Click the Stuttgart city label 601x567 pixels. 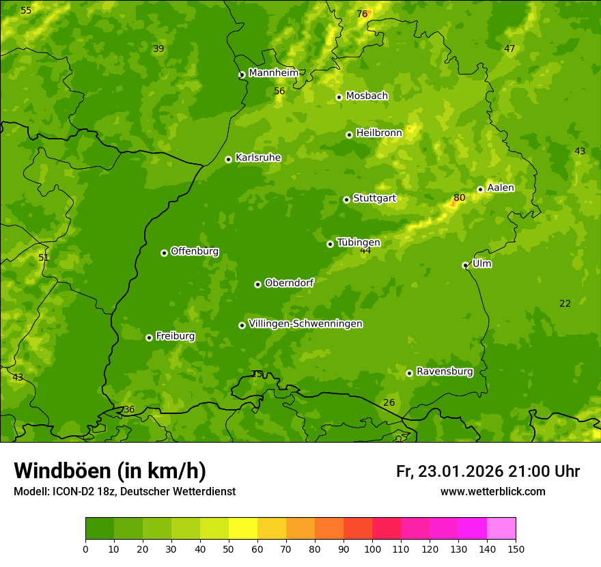374,199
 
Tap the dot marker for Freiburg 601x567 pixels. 149,337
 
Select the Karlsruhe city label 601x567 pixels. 257,158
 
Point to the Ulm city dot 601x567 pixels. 465,265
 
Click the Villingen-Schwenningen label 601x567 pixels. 305,324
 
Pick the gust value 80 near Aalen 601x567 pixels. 459,198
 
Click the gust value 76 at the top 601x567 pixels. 362,14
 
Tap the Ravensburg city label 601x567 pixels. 444,372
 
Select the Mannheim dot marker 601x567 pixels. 241,75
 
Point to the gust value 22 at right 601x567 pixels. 565,303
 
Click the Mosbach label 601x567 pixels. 366,96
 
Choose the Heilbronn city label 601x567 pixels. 378,133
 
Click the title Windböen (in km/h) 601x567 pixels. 110,471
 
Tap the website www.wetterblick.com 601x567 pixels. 492,492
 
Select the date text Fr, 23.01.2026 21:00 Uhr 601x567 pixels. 488,471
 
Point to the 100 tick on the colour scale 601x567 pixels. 372,549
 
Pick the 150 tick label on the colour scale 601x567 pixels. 516,549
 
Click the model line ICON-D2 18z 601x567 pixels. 124,492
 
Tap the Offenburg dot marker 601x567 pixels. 164,253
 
